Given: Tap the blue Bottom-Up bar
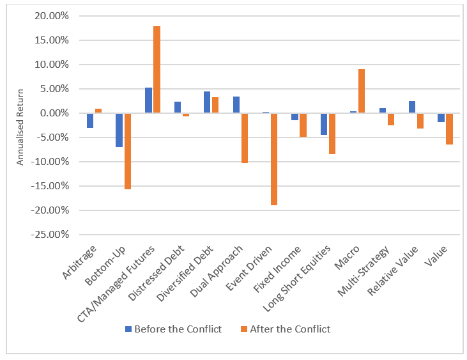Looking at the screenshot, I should pos(119,130).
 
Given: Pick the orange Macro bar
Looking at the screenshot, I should pos(362,91).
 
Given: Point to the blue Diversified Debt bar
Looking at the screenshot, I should pos(207,102).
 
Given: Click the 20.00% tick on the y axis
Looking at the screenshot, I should pos(50,16).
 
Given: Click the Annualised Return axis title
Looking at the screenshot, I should pos(20,125).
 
